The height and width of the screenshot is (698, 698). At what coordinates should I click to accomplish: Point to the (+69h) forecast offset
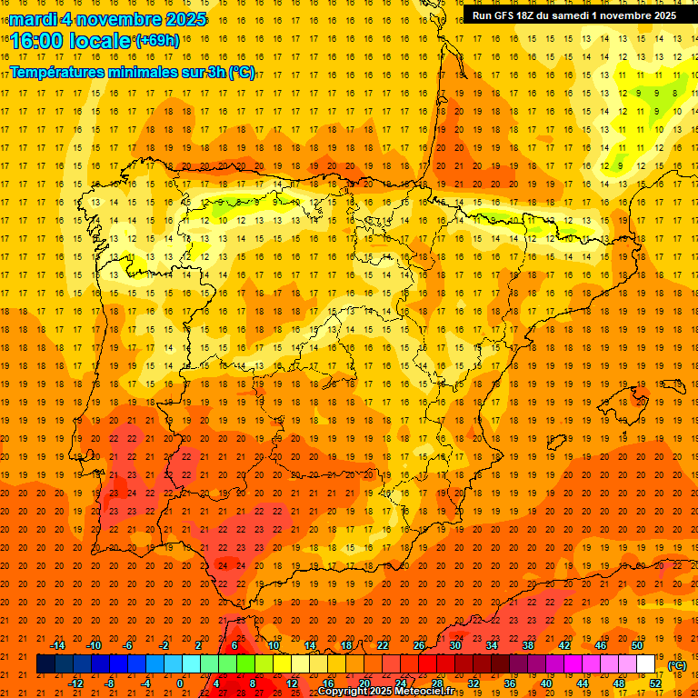point(157,41)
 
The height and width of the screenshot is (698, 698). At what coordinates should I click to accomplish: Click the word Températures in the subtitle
point(65,73)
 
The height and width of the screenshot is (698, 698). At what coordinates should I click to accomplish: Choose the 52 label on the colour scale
point(655,683)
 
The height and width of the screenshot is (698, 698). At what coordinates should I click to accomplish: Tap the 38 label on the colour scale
point(528,644)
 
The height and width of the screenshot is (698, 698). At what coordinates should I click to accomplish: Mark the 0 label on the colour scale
point(181,683)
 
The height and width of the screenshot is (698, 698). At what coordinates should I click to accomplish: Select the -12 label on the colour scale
point(75,683)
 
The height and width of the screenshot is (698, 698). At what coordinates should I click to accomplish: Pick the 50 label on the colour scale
point(637,644)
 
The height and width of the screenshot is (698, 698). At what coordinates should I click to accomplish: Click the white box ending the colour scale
point(645,664)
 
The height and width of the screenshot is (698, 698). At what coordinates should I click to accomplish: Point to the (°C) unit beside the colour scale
point(677,664)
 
